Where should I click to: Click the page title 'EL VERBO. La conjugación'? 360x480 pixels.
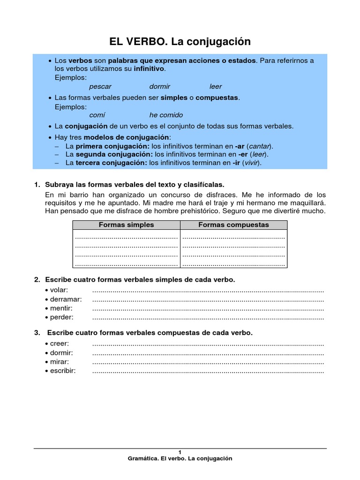[x=180, y=42]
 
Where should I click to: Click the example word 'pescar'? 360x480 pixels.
[x=100, y=86]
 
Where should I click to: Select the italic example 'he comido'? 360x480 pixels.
[x=166, y=115]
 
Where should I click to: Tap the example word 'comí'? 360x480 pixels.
[x=97, y=115]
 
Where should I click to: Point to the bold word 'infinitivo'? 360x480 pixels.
[x=149, y=69]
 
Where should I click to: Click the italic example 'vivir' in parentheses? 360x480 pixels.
[x=252, y=163]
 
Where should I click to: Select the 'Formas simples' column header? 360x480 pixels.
[x=126, y=225]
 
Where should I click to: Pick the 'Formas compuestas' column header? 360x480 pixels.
[x=233, y=225]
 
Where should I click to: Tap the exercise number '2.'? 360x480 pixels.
[x=37, y=280]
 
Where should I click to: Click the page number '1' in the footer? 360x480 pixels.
[x=180, y=452]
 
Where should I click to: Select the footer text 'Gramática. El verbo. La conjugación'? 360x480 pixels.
[x=180, y=458]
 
